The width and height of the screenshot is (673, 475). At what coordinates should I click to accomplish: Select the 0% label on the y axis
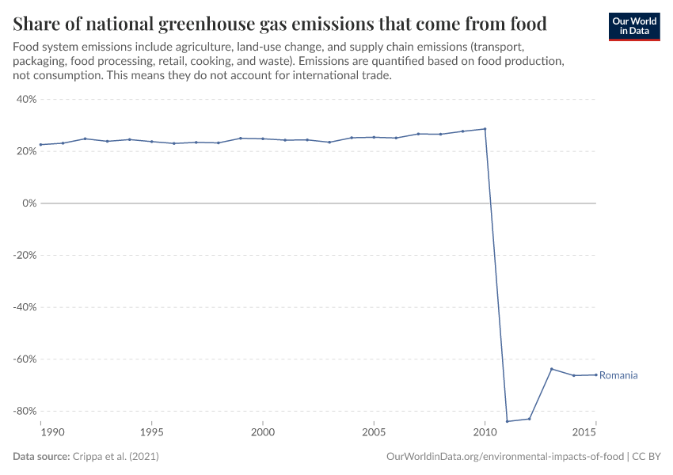[x=30, y=203]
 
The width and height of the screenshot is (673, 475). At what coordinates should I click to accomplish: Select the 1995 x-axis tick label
[x=152, y=433]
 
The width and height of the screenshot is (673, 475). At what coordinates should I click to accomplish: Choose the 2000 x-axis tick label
[x=263, y=433]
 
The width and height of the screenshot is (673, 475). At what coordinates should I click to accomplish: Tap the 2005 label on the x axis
[x=374, y=433]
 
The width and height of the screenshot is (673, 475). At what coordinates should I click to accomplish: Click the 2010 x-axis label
[x=485, y=433]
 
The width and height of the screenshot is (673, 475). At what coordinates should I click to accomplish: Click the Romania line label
[x=618, y=375]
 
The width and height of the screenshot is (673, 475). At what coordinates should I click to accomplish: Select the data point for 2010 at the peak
[x=485, y=129]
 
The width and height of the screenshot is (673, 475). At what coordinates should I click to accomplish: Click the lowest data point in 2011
[x=507, y=421]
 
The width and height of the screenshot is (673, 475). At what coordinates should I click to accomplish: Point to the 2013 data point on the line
[x=551, y=369]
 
